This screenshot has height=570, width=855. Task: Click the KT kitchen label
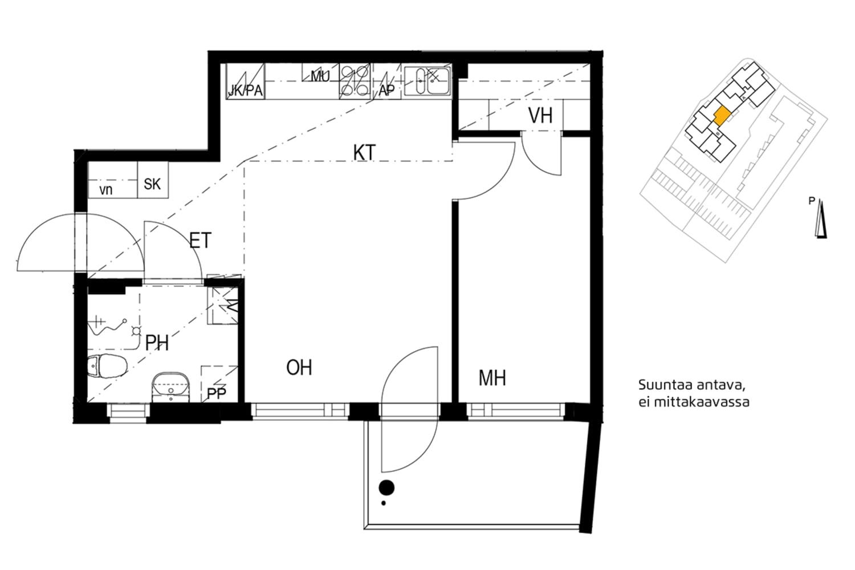[364, 153]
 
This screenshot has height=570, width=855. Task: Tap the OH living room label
[299, 368]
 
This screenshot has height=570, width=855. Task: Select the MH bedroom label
[492, 378]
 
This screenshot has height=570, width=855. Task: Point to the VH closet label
[540, 116]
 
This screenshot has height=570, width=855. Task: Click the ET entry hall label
[200, 241]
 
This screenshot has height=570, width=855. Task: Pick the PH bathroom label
[157, 343]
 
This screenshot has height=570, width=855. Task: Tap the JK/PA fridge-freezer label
[245, 91]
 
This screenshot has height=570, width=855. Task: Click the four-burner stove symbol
[355, 80]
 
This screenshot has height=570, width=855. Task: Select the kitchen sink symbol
[427, 81]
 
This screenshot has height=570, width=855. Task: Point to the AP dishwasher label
[386, 91]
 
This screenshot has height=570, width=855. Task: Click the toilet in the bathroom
[107, 366]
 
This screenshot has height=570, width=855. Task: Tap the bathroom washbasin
[171, 385]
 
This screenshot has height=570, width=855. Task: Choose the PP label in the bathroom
[216, 393]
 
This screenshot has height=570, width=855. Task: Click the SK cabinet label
[152, 184]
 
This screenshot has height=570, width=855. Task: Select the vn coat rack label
[106, 190]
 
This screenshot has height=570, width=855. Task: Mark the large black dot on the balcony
[387, 487]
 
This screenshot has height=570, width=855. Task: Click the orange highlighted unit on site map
[722, 116]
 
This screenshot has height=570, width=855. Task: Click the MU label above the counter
[320, 76]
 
